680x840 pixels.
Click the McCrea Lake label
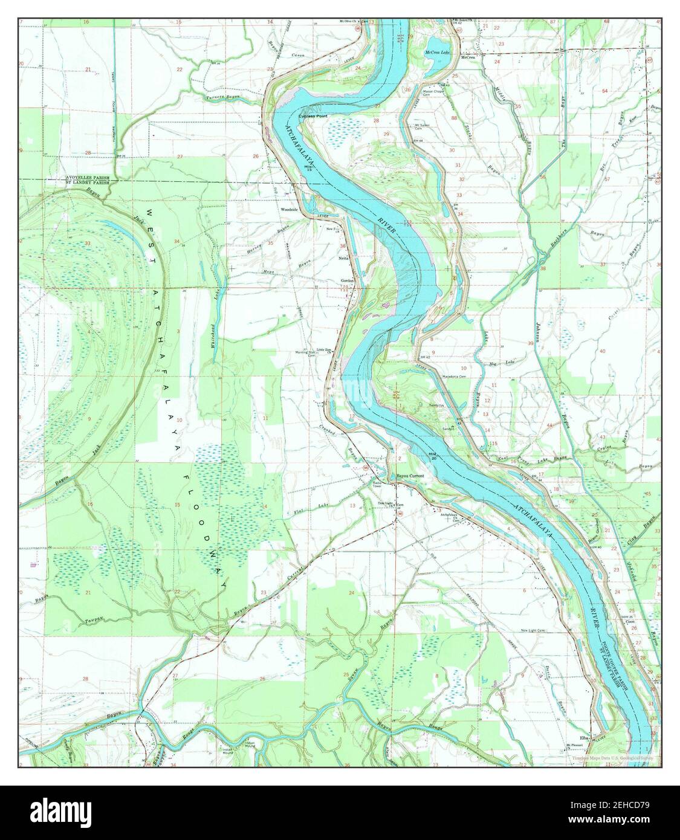click(x=438, y=53)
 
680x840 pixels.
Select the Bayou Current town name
click(x=410, y=476)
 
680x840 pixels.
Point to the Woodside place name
click(x=289, y=210)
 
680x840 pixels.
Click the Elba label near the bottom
click(x=584, y=738)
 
